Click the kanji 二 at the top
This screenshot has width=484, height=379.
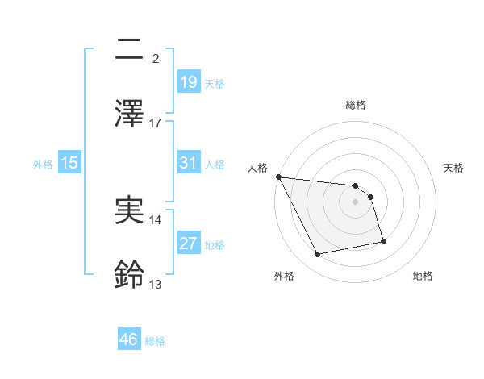(128, 49)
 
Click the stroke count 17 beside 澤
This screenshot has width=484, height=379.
(156, 123)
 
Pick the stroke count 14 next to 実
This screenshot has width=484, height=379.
(156, 220)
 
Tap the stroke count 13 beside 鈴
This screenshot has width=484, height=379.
(156, 285)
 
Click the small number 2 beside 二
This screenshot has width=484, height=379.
(156, 59)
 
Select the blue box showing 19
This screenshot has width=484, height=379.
(188, 82)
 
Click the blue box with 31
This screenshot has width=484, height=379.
(188, 163)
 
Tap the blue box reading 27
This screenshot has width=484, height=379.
(188, 244)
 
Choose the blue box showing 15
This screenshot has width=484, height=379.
(69, 163)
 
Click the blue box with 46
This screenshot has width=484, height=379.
(128, 339)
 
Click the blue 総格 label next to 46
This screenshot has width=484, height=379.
(155, 341)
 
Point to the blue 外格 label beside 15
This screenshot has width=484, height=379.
(43, 165)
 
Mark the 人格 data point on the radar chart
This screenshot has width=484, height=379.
(278, 177)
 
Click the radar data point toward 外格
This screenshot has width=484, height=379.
(318, 255)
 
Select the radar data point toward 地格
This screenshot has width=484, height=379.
(383, 241)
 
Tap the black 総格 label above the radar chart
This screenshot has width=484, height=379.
(355, 105)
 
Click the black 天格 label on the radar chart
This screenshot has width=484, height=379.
(454, 168)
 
